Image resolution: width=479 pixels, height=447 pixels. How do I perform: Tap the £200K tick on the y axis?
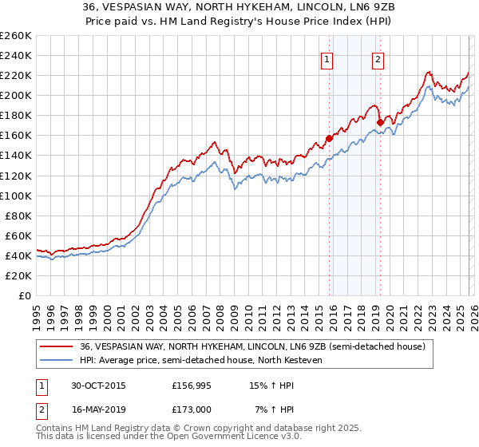coord(15,95)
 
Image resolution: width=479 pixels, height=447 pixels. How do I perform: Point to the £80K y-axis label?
coord(18,216)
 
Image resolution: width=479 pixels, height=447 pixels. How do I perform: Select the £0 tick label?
coord(26,295)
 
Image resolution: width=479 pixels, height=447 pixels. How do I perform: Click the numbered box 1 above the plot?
coord(327,58)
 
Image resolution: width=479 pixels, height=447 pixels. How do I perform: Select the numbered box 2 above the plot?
coord(377,58)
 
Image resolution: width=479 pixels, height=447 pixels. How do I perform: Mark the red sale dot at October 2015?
coord(330,137)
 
